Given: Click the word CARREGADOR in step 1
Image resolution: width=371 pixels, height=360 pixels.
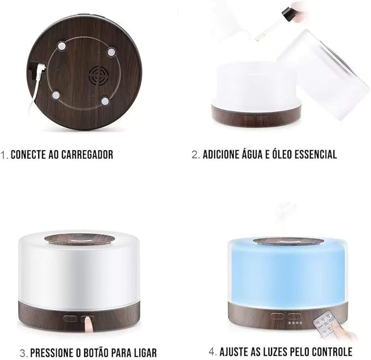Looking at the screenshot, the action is (87, 155).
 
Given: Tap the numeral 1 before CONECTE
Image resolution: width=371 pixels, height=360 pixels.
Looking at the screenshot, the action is (3, 155).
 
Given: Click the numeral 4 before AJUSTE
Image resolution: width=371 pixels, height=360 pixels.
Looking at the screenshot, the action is (212, 352).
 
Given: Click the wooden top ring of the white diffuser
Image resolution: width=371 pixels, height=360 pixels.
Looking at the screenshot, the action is (79, 239).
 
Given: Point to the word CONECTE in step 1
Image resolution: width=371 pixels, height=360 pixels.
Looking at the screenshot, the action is (28, 155).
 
